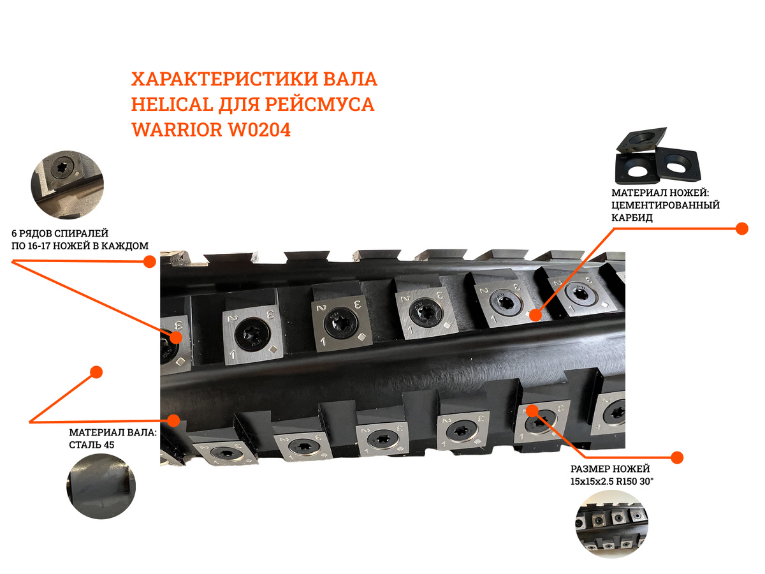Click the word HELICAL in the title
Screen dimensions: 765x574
[x=172, y=104]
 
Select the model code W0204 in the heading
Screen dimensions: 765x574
[x=259, y=129]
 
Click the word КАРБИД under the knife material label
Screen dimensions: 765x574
[x=632, y=218]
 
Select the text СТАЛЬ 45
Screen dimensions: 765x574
[x=92, y=445]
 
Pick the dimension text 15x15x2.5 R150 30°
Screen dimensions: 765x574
[x=612, y=482]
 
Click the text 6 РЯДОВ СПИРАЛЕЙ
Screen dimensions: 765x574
[x=60, y=233]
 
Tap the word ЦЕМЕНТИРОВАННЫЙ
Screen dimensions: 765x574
[x=666, y=205]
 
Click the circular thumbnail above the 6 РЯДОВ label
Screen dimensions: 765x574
[x=68, y=185]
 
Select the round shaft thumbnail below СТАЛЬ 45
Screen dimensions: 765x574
[x=101, y=487]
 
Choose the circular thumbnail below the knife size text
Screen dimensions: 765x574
[x=611, y=524]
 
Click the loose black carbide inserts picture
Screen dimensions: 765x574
[x=658, y=156]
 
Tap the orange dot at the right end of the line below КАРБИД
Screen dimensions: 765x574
[x=742, y=228]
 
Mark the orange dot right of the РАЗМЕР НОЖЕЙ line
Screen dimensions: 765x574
[x=677, y=457]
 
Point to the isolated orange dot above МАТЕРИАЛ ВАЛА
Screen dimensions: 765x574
[x=96, y=372]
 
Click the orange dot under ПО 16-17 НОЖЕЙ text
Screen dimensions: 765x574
[x=150, y=261]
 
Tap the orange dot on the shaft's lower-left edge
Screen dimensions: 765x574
[x=173, y=421]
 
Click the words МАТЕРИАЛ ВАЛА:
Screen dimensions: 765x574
[x=113, y=432]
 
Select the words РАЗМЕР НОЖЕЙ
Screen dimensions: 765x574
[x=610, y=469]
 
